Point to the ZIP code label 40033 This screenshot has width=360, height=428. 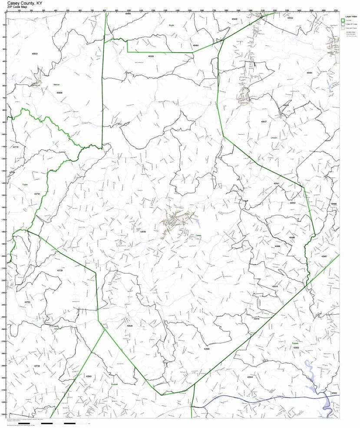coord(35,54)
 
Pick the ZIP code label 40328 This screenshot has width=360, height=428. coord(151,56)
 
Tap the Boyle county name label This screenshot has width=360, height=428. coord(172,26)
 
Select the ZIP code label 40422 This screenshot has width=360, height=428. coord(290,18)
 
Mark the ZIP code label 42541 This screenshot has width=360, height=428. coord(277,184)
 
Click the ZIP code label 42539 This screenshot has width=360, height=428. coord(143,232)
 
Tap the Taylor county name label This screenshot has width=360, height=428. coord(25,184)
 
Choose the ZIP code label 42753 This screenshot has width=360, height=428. coord(27,302)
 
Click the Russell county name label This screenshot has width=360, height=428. coord(115,384)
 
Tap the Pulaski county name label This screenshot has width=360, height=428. coord(295,344)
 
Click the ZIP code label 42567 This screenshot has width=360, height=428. coord(324,257)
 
